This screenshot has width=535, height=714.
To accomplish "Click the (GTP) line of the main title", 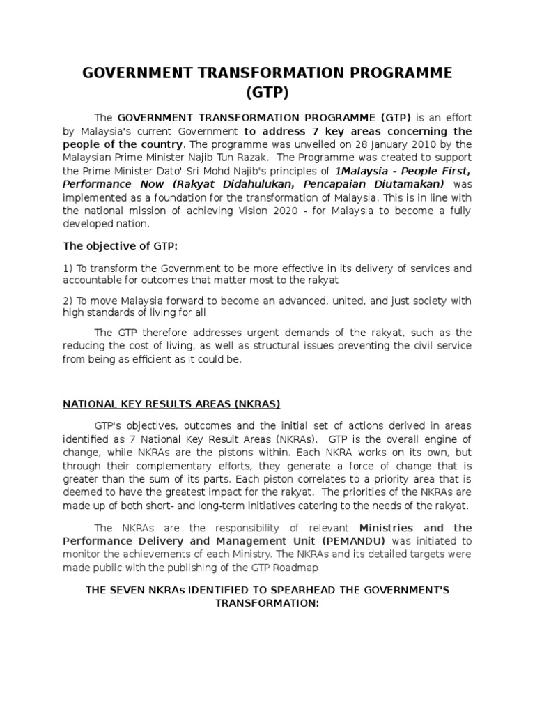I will coord(267,93).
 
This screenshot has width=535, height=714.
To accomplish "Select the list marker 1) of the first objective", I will coord(68,268).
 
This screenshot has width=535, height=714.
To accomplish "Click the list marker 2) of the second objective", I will coord(68,301).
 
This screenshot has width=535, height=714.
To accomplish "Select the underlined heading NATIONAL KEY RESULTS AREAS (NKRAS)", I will coord(172,403).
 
